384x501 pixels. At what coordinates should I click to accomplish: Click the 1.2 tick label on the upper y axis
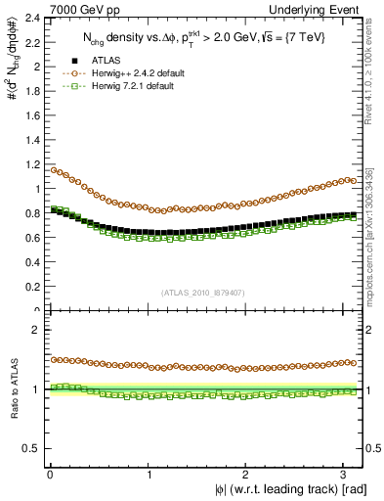(x=31, y=164)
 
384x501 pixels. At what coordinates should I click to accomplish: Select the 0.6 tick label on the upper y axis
(x=31, y=238)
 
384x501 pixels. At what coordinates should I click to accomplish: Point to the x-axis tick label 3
(x=347, y=475)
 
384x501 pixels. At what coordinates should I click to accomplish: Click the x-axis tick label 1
(x=149, y=475)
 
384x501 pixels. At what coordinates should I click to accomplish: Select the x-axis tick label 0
(x=49, y=475)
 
